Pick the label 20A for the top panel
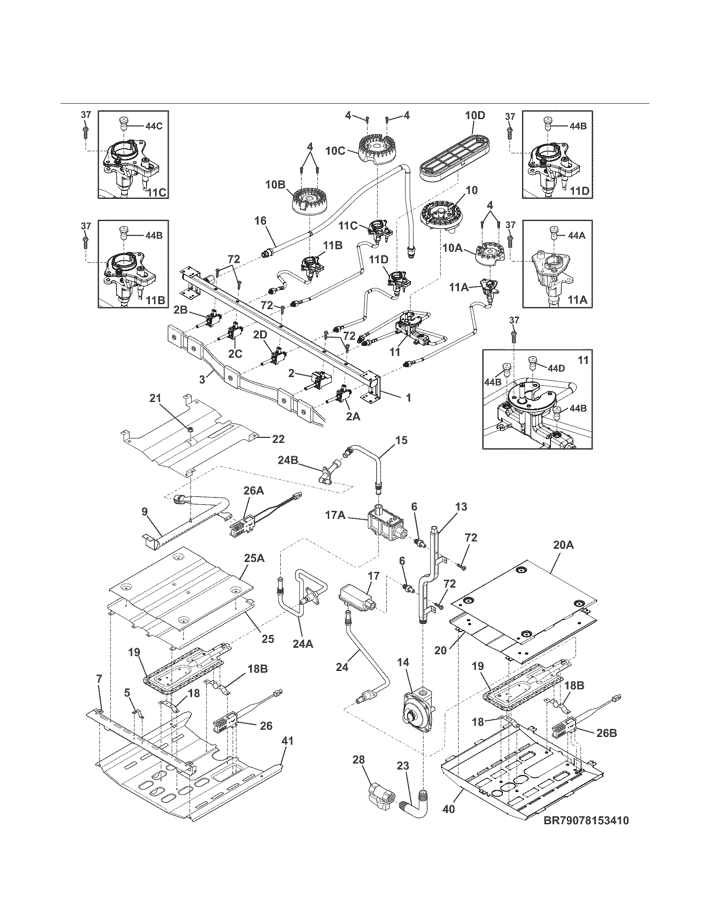[564, 546]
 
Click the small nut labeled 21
[190, 429]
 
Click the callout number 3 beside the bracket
[202, 379]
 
